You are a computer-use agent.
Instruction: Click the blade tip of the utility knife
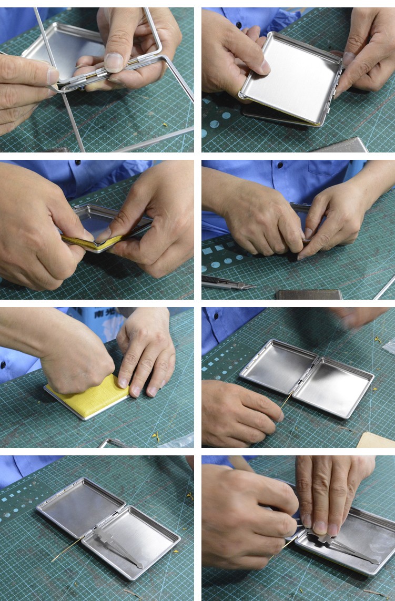[x=252, y=287]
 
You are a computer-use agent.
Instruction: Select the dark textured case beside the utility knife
[x=309, y=294]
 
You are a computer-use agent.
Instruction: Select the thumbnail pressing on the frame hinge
[x=114, y=63]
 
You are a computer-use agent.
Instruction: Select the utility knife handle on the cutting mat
[x=218, y=281]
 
